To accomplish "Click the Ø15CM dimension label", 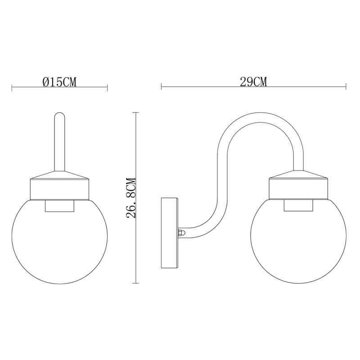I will pos(59,82).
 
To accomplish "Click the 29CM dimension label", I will pos(253,82).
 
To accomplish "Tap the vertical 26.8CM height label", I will pos(131,198).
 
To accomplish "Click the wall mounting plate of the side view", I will pos(170,233).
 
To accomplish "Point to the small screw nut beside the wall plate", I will pos(181,233).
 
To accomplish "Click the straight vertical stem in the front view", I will pos(59,142).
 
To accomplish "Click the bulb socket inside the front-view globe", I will pos(59,206).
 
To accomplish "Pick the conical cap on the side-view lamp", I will pos(298,175).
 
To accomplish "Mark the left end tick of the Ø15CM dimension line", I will pos(12,87).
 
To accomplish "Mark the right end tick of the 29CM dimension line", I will pos(346,86).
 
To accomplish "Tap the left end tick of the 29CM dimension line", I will pos(161,86).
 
